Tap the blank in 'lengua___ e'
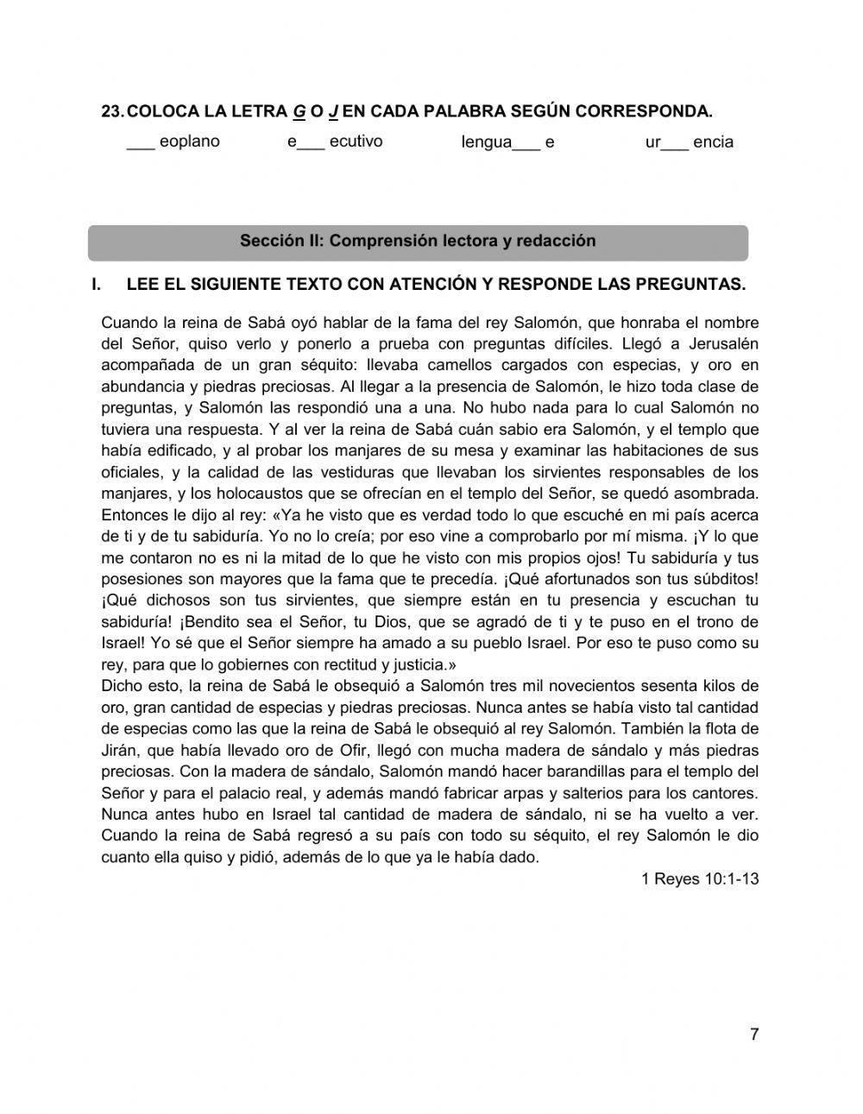[x=526, y=143]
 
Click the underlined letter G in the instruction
[x=299, y=112]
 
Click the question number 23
[x=112, y=112]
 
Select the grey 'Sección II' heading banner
[x=418, y=242]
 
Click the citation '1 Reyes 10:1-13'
[x=700, y=879]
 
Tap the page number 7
[x=754, y=1035]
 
